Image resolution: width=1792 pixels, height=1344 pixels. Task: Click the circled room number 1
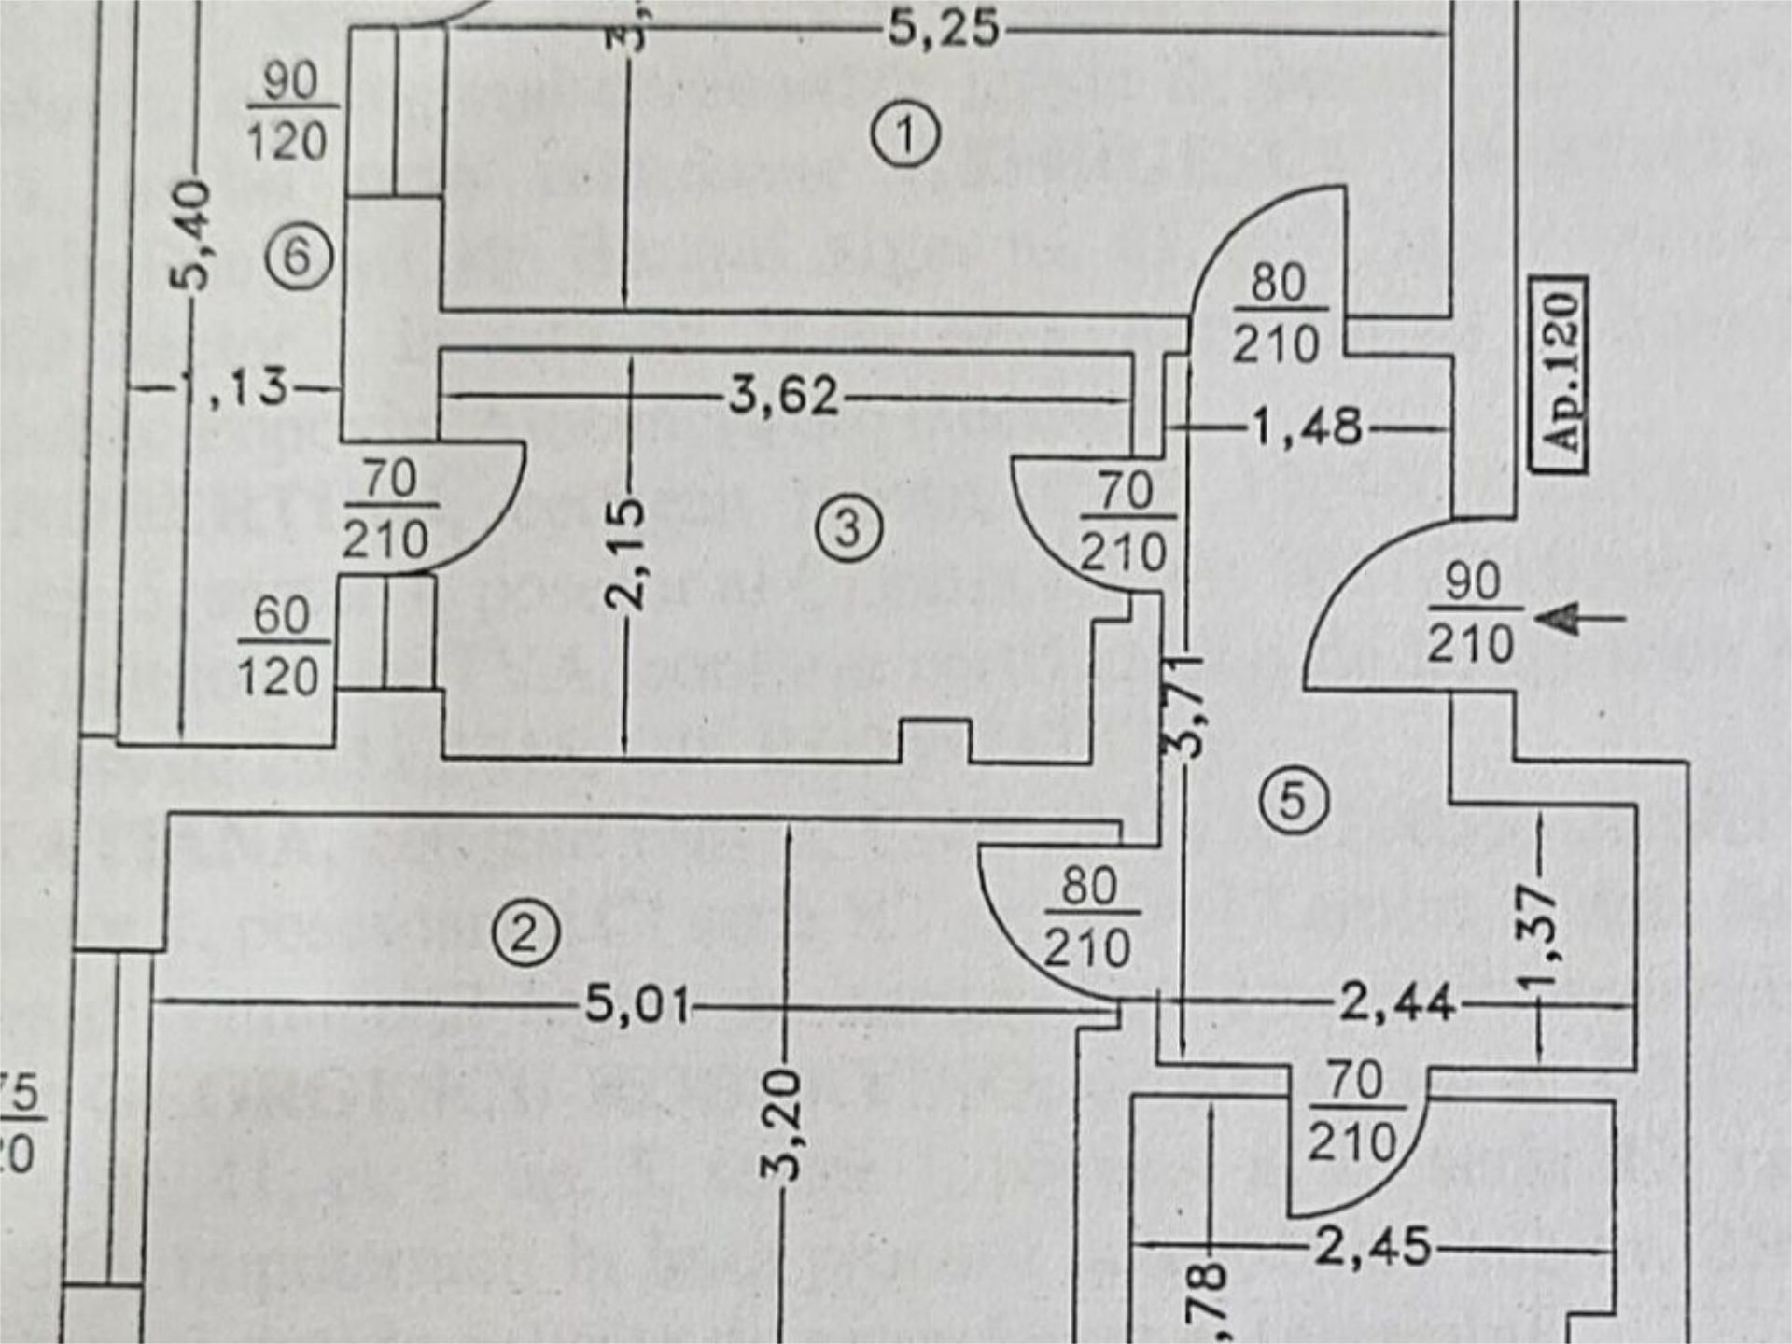[905, 136]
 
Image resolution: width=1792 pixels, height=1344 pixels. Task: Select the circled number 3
[847, 529]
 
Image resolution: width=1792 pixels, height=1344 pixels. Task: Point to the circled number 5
[1293, 800]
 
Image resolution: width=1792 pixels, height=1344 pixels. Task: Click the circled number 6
[297, 256]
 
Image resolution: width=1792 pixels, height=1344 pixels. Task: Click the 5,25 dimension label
[943, 28]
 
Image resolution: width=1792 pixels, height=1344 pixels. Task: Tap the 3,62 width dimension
[784, 396]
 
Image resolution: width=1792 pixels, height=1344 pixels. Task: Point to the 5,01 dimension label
[637, 1006]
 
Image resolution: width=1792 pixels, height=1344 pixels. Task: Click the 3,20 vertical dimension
[786, 1125]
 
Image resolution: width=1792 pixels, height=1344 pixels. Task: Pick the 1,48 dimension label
[1307, 427]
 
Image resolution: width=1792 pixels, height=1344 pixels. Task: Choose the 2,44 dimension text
[1396, 1004]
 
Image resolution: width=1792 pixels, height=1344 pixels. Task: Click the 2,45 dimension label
[1372, 1247]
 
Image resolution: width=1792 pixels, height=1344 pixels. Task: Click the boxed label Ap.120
[1561, 374]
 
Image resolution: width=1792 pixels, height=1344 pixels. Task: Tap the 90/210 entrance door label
[1471, 613]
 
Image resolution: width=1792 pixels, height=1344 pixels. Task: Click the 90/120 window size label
[287, 112]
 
